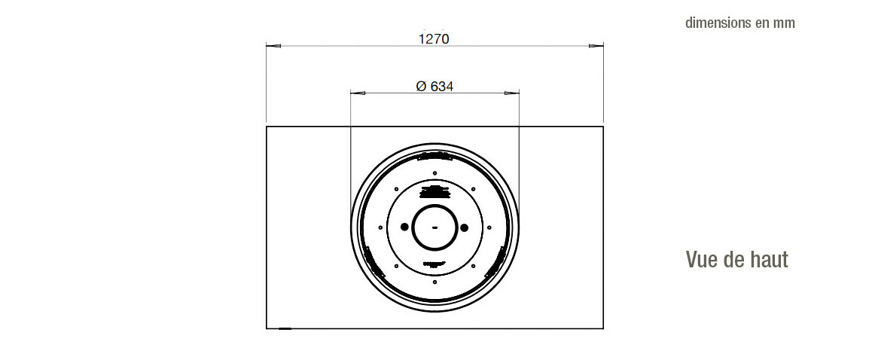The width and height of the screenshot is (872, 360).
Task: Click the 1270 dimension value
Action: [x=434, y=38]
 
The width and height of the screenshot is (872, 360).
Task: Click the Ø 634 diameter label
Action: [x=434, y=86]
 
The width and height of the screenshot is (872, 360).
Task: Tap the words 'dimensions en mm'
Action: [x=739, y=23]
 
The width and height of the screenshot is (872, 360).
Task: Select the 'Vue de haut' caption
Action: [x=736, y=260]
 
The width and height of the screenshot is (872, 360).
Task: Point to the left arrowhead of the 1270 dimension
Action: [x=273, y=47]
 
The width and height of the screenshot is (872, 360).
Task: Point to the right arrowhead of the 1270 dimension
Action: [x=596, y=47]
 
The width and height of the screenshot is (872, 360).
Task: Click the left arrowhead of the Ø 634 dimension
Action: [x=358, y=93]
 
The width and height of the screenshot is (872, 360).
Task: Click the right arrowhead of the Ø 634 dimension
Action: [x=512, y=93]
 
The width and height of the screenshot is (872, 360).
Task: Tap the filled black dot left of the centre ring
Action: [x=404, y=227]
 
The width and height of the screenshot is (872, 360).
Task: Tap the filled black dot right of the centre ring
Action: [x=464, y=227]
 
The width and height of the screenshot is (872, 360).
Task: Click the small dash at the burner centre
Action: [x=434, y=227]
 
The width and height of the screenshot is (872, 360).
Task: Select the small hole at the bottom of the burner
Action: [x=434, y=282]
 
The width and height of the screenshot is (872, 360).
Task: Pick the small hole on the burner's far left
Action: [x=380, y=227]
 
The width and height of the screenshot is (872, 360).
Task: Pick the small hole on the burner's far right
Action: [x=489, y=227]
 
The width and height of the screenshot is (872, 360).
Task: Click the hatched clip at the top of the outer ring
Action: [x=434, y=157]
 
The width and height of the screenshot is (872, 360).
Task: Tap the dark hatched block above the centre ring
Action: [x=434, y=190]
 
